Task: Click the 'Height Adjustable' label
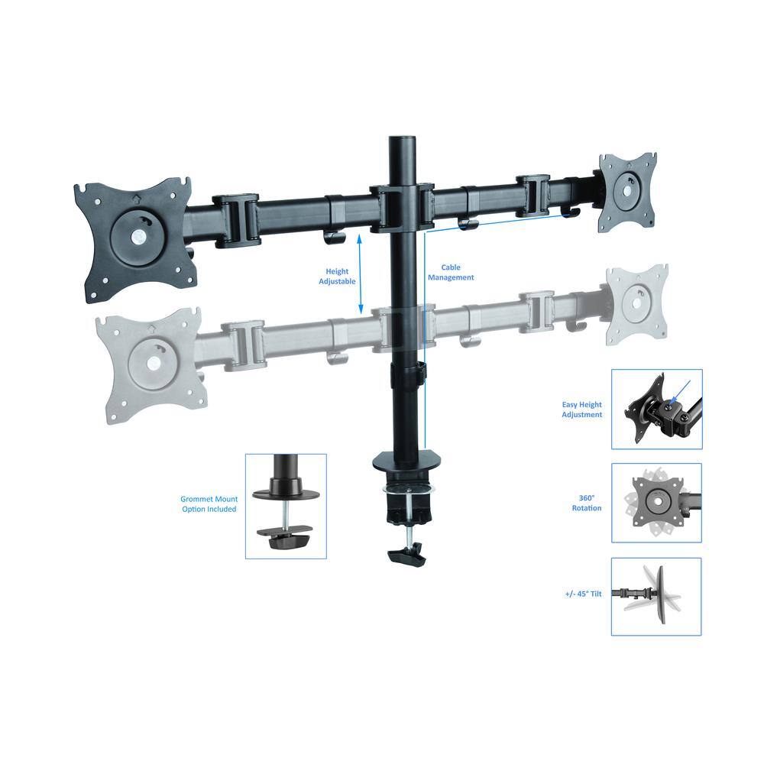337,276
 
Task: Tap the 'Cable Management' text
456,273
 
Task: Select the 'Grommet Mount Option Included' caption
209,504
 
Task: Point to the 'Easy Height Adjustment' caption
582,410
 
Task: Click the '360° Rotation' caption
587,503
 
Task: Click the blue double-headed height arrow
360,274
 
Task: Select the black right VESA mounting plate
628,191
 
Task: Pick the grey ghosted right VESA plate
636,304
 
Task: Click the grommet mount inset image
286,506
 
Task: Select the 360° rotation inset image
656,503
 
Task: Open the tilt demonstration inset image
656,596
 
